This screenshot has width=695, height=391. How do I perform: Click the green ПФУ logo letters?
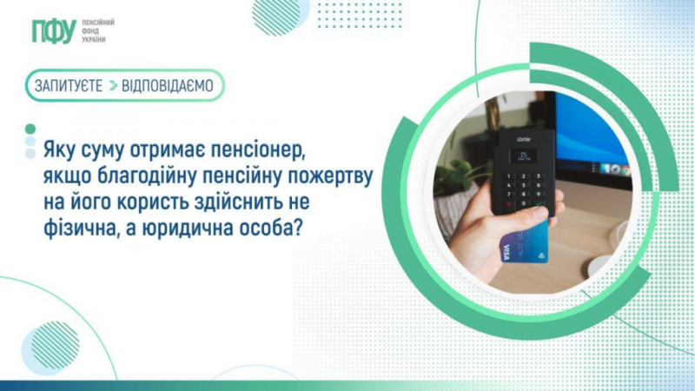pyautogui.click(x=54, y=31)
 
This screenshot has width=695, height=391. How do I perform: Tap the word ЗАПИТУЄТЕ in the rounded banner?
pyautogui.click(x=69, y=85)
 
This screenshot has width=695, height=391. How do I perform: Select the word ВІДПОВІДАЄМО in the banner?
pyautogui.click(x=168, y=85)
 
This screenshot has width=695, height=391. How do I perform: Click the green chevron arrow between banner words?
pyautogui.click(x=113, y=85)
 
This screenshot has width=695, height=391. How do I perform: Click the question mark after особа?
pyautogui.click(x=297, y=228)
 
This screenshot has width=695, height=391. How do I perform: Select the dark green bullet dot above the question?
pyautogui.click(x=30, y=129)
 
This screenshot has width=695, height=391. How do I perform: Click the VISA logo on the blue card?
pyautogui.click(x=506, y=252)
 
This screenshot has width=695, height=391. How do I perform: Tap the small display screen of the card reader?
pyautogui.click(x=524, y=156)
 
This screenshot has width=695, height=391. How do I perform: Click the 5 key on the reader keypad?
pyautogui.click(x=524, y=185)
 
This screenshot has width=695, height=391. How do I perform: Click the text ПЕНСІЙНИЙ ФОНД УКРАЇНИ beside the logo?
pyautogui.click(x=98, y=30)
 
